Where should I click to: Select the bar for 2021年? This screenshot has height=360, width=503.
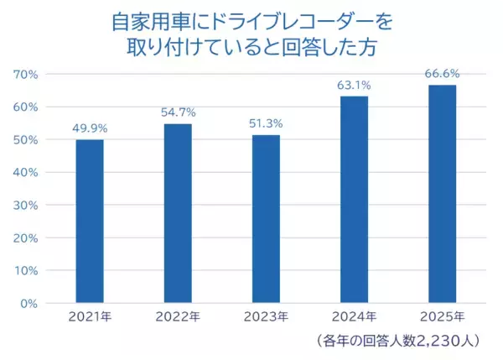coord(90,221)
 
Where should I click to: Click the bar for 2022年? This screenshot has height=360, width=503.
coord(178,213)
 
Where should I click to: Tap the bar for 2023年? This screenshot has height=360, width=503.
coord(266,218)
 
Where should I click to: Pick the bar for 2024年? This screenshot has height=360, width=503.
coord(354,199)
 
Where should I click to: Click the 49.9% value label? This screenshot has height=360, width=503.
coord(90,128)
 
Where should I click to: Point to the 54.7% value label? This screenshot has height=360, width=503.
coord(178,112)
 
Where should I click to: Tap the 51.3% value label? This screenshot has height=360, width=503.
coord(266,123)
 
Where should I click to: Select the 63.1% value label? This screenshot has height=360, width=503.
coord(354,85)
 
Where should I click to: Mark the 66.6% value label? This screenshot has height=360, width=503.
coord(442,74)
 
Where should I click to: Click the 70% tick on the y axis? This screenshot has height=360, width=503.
coord(26,74)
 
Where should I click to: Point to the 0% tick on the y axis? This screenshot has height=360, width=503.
coord(29,303)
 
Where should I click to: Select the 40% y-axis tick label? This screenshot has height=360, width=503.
coord(26,172)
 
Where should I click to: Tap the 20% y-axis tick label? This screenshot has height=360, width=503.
coord(26,237)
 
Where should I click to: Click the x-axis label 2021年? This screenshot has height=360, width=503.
coord(90,317)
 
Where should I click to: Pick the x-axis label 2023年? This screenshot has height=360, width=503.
coord(266,317)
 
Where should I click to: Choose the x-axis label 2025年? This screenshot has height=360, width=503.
coord(442,317)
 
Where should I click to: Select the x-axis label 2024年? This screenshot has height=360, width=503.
coord(354,317)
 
